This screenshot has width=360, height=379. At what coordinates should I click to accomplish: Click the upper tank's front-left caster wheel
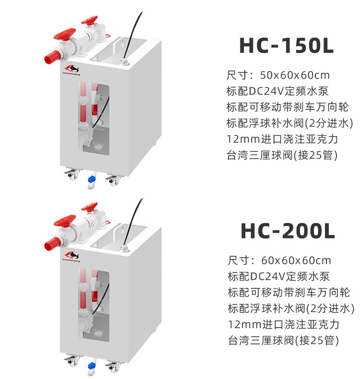pyautogui.click(x=72, y=175)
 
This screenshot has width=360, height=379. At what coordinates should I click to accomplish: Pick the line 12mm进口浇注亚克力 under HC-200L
pyautogui.click(x=283, y=324)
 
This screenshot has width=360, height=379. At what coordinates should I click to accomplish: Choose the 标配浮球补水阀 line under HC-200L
pyautogui.click(x=290, y=308)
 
